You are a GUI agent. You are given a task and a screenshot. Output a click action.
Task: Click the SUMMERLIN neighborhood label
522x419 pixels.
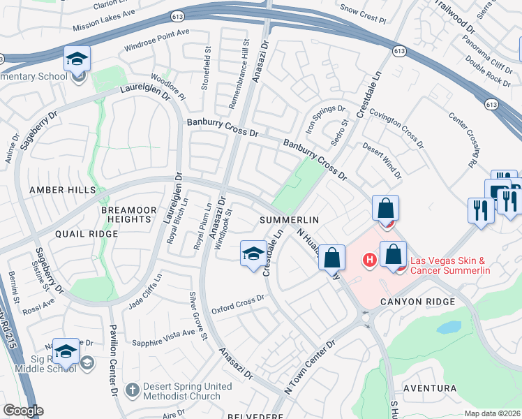289,220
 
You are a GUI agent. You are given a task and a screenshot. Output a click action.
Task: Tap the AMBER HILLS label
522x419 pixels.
57,190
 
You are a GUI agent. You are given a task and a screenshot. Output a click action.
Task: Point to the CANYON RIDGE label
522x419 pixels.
417,302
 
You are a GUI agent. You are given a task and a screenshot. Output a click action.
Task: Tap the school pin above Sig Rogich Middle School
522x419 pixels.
66,353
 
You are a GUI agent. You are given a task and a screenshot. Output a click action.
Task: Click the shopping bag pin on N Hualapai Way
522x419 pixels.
332,257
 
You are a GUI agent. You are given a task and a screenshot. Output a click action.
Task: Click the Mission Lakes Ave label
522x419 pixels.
105,24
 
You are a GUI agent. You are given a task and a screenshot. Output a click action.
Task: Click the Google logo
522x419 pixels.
23,411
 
